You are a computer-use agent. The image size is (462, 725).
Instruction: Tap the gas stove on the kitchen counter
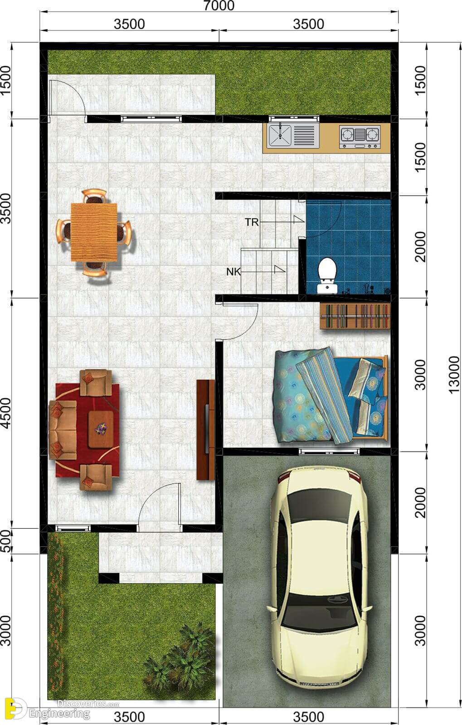(x=360, y=136)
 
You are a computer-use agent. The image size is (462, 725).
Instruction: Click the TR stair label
(x=252, y=222)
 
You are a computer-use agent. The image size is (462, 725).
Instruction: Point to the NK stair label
(x=233, y=271)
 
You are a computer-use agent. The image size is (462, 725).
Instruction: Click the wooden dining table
(x=94, y=232)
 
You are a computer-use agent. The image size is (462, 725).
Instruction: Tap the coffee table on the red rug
(x=101, y=430)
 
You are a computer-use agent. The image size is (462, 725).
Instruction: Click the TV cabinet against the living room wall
(x=205, y=430)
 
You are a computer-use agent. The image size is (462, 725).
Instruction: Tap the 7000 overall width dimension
(x=219, y=5)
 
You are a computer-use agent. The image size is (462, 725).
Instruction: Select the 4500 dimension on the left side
(x=6, y=413)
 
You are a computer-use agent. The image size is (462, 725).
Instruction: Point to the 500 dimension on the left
(x=6, y=541)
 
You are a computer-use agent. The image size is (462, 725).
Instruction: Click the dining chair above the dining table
(x=94, y=197)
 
